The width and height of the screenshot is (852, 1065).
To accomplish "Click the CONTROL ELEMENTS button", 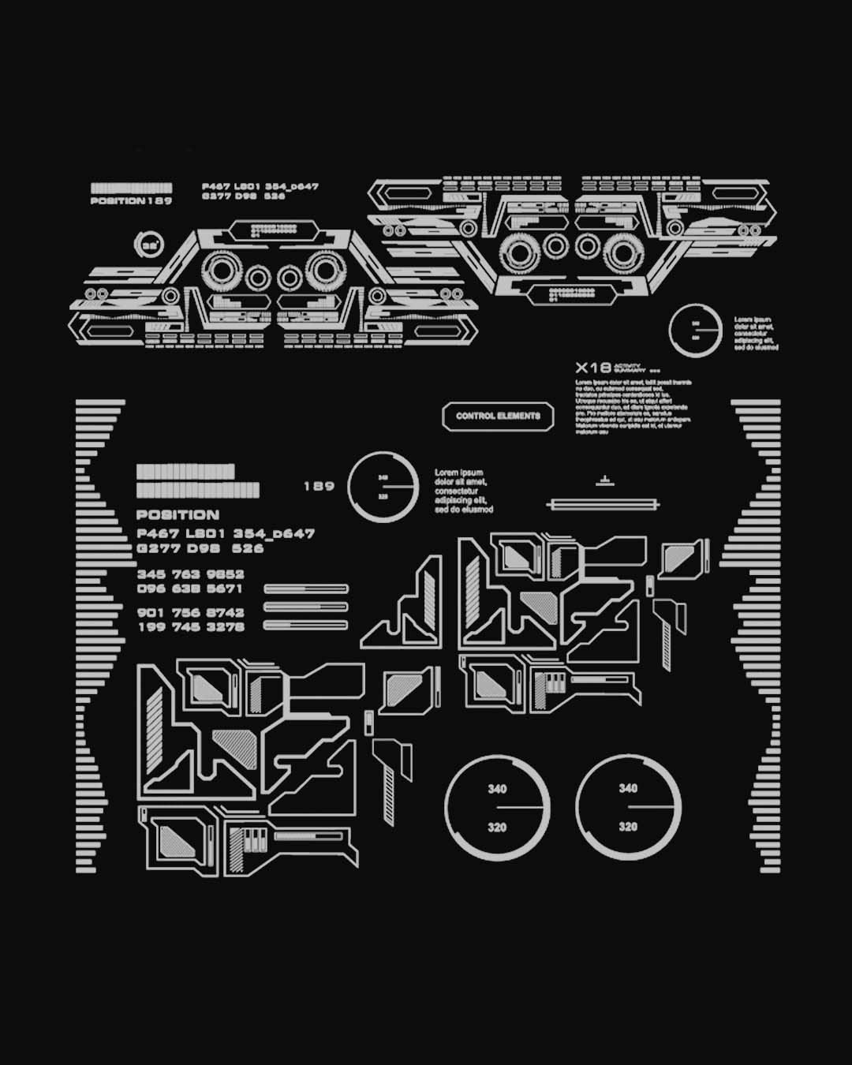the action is pos(498,416).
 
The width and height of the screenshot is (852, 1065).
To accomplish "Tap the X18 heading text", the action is pos(592,368).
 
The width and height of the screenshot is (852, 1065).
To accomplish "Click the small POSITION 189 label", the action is pos(131,201).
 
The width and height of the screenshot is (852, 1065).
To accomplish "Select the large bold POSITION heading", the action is pos(177,515).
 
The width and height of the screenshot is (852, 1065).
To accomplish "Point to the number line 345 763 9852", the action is pos(190,574).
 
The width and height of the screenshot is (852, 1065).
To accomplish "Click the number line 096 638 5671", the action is pos(190,589).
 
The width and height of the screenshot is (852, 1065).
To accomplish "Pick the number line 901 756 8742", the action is pos(190,612).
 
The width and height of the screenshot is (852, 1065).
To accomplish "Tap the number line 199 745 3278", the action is pos(191,627).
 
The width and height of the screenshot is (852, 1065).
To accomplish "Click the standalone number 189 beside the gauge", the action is pos(319,486).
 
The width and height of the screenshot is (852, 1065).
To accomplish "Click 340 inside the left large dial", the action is pos(497,789).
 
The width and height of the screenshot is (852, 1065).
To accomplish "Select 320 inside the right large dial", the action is pos(628,827).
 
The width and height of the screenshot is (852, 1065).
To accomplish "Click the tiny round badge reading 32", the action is pos(149,245).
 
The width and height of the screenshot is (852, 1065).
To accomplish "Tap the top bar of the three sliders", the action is pos(306,589).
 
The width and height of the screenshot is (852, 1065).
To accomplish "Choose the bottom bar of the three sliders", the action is pos(306,625).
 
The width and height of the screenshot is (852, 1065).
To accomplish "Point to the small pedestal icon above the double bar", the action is pos(604,480).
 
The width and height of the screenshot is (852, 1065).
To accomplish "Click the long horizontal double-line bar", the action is pos(603,504).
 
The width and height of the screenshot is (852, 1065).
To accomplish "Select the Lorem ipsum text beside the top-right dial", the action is pos(756,334).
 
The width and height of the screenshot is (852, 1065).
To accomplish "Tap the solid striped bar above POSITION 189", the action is pos(131,189).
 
